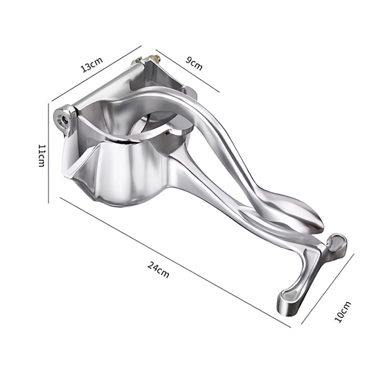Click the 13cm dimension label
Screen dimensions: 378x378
point(91,65)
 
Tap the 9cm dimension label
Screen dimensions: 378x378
point(194,63)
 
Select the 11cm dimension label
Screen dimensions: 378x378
point(42,156)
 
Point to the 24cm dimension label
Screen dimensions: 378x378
point(158,269)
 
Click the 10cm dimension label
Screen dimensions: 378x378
point(343,311)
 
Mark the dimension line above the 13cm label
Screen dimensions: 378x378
point(96,73)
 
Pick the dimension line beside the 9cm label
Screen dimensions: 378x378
point(188,71)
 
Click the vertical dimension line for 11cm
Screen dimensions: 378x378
point(49,153)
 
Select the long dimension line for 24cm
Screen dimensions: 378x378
point(175,262)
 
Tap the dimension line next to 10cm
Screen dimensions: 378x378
point(328,289)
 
